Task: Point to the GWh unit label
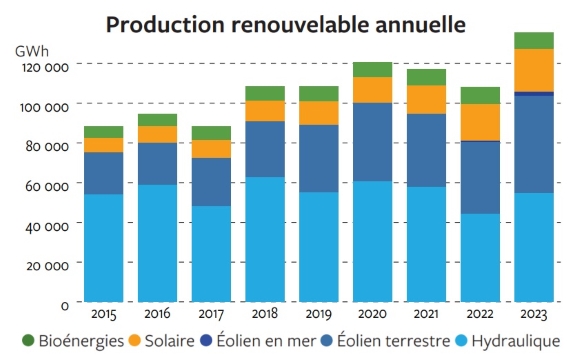(33, 49)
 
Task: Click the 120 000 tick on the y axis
(45, 66)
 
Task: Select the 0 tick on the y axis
(64, 303)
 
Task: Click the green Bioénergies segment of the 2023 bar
(534, 40)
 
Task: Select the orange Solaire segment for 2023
(534, 70)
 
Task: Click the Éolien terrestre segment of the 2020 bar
(372, 141)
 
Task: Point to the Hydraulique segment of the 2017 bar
(211, 254)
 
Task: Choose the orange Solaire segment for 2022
(480, 122)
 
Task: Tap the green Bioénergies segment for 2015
(103, 132)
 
